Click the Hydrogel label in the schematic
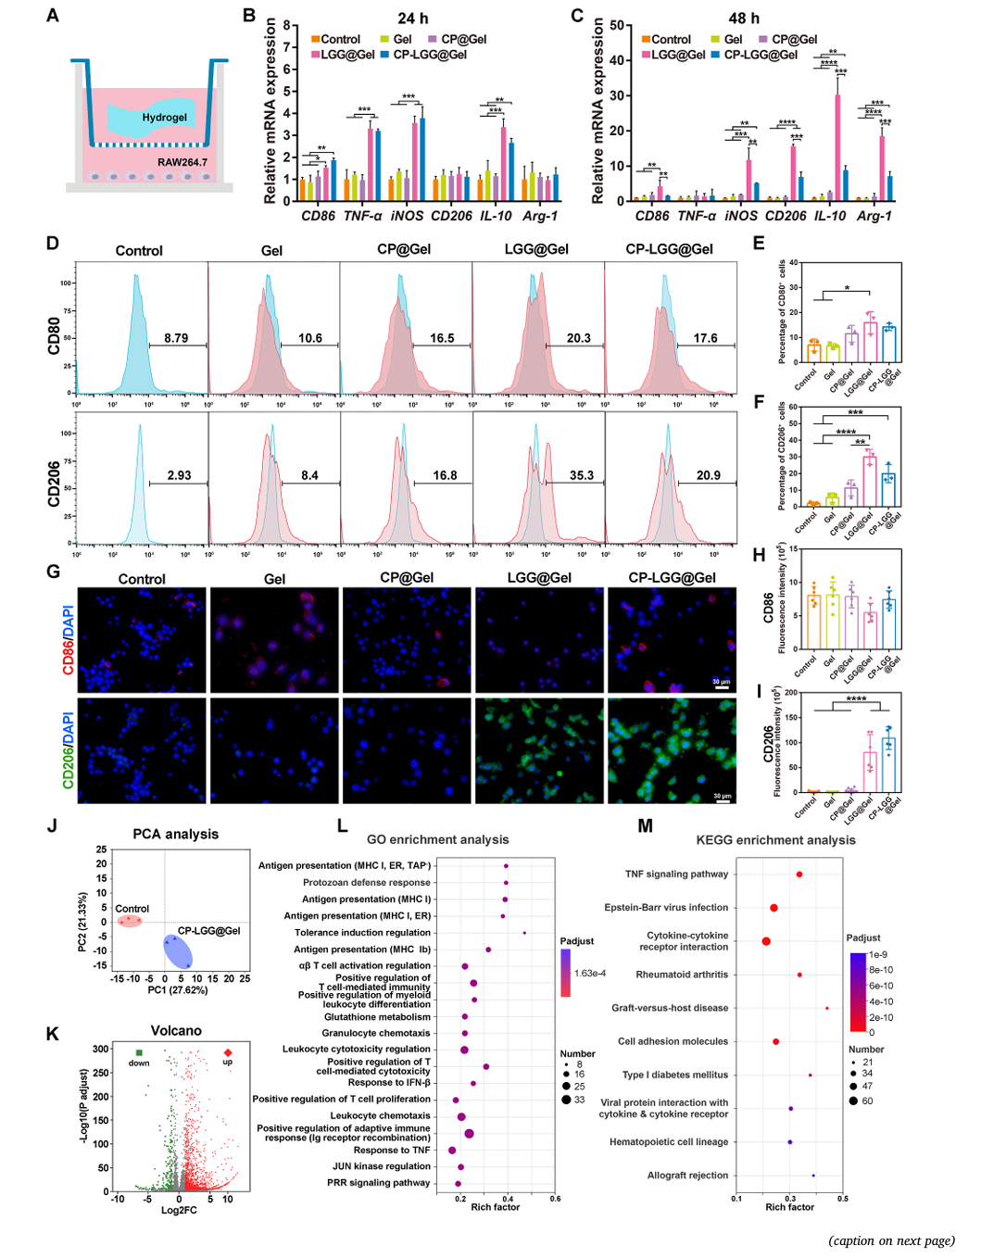(164, 118)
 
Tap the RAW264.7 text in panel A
(182, 162)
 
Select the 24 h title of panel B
(412, 19)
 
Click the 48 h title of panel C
(744, 19)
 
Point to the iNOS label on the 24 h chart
(407, 216)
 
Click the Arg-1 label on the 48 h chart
(874, 216)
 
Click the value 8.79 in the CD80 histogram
(176, 338)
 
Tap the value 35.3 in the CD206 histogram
(582, 475)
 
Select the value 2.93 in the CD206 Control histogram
(179, 475)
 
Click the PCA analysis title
(175, 834)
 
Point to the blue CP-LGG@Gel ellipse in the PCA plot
(177, 951)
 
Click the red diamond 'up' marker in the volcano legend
(228, 1052)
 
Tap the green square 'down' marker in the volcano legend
(139, 1052)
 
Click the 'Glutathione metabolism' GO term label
(377, 1017)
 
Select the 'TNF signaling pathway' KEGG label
(676, 874)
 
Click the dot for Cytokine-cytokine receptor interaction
(766, 941)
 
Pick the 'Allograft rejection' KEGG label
(687, 1176)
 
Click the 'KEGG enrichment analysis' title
(775, 840)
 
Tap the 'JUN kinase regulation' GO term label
(382, 1166)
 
